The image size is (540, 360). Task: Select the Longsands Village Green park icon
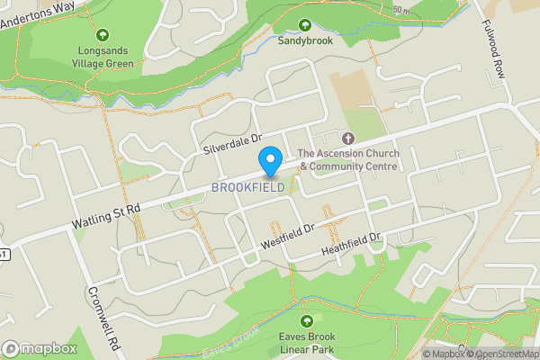coord(102,36)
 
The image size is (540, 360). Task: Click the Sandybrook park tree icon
coord(304,25)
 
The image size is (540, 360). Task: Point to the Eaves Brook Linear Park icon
coord(307,320)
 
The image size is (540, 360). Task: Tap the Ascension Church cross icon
coord(348,138)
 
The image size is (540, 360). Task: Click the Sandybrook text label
coord(304,41)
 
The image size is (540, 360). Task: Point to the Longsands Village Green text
coord(103,58)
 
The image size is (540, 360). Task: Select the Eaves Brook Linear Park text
coord(308,343)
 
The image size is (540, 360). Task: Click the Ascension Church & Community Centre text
coord(347,159)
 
